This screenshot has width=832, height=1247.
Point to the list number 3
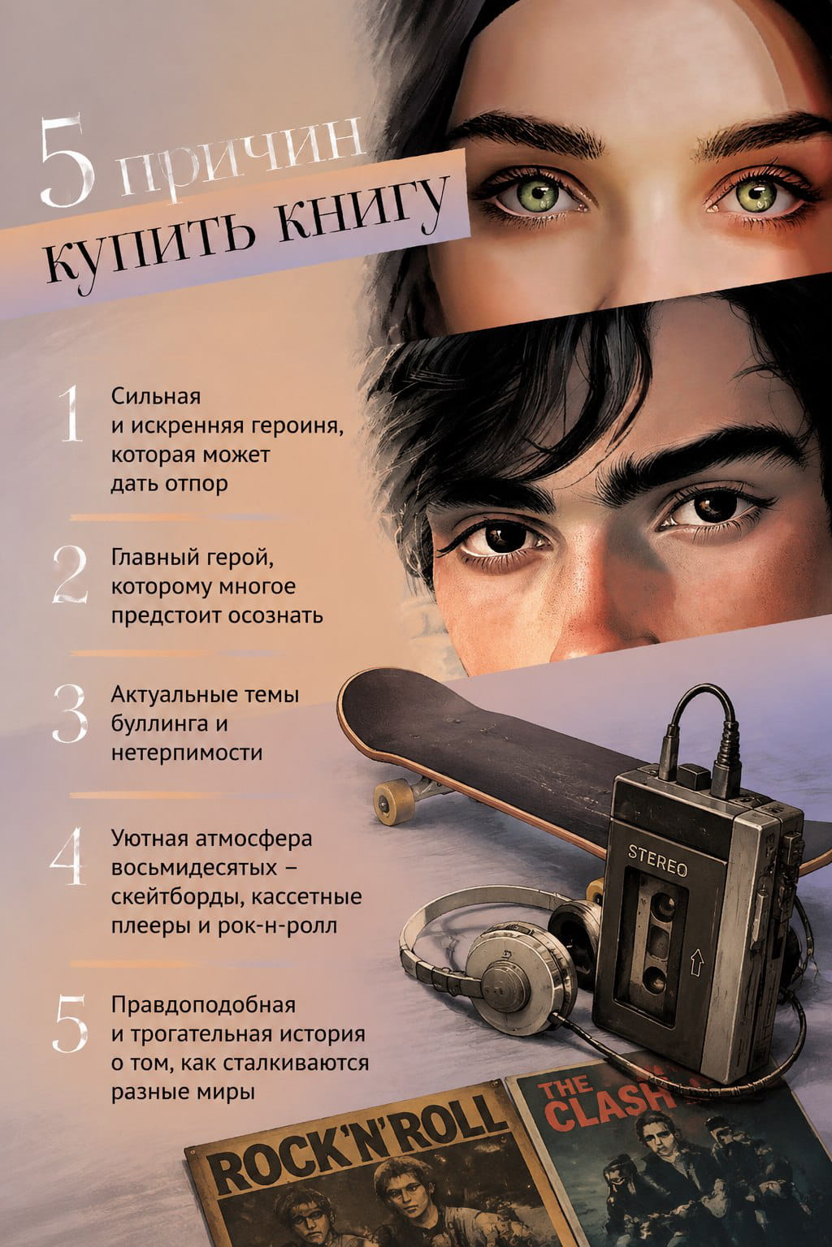(x=70, y=713)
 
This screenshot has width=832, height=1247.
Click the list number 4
(x=68, y=857)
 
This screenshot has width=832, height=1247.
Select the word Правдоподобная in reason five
(x=203, y=1005)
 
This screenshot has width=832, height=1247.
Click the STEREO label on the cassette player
(x=657, y=860)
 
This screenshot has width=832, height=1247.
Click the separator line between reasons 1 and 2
(x=175, y=518)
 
